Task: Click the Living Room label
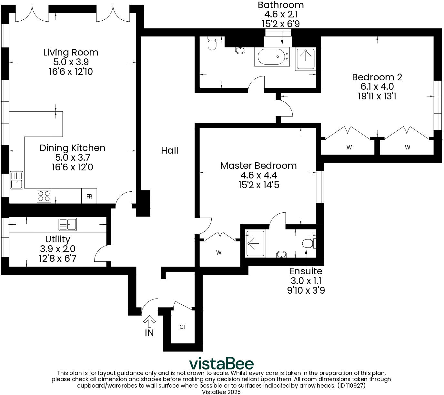click(x=71, y=52)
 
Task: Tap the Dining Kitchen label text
click(x=72, y=148)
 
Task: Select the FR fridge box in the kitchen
click(x=89, y=196)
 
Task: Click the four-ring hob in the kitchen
click(x=44, y=196)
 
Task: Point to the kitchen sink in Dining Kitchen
click(x=16, y=180)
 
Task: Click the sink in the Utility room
click(x=68, y=224)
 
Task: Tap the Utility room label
click(x=57, y=239)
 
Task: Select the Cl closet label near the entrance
click(x=182, y=327)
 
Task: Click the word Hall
click(x=169, y=150)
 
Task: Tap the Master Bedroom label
click(x=258, y=166)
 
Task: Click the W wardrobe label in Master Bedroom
click(x=219, y=253)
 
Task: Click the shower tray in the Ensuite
click(x=255, y=244)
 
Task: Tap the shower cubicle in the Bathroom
click(x=305, y=59)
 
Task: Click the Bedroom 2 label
click(x=377, y=77)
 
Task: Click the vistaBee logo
click(x=221, y=364)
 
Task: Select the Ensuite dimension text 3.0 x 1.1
click(x=306, y=281)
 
